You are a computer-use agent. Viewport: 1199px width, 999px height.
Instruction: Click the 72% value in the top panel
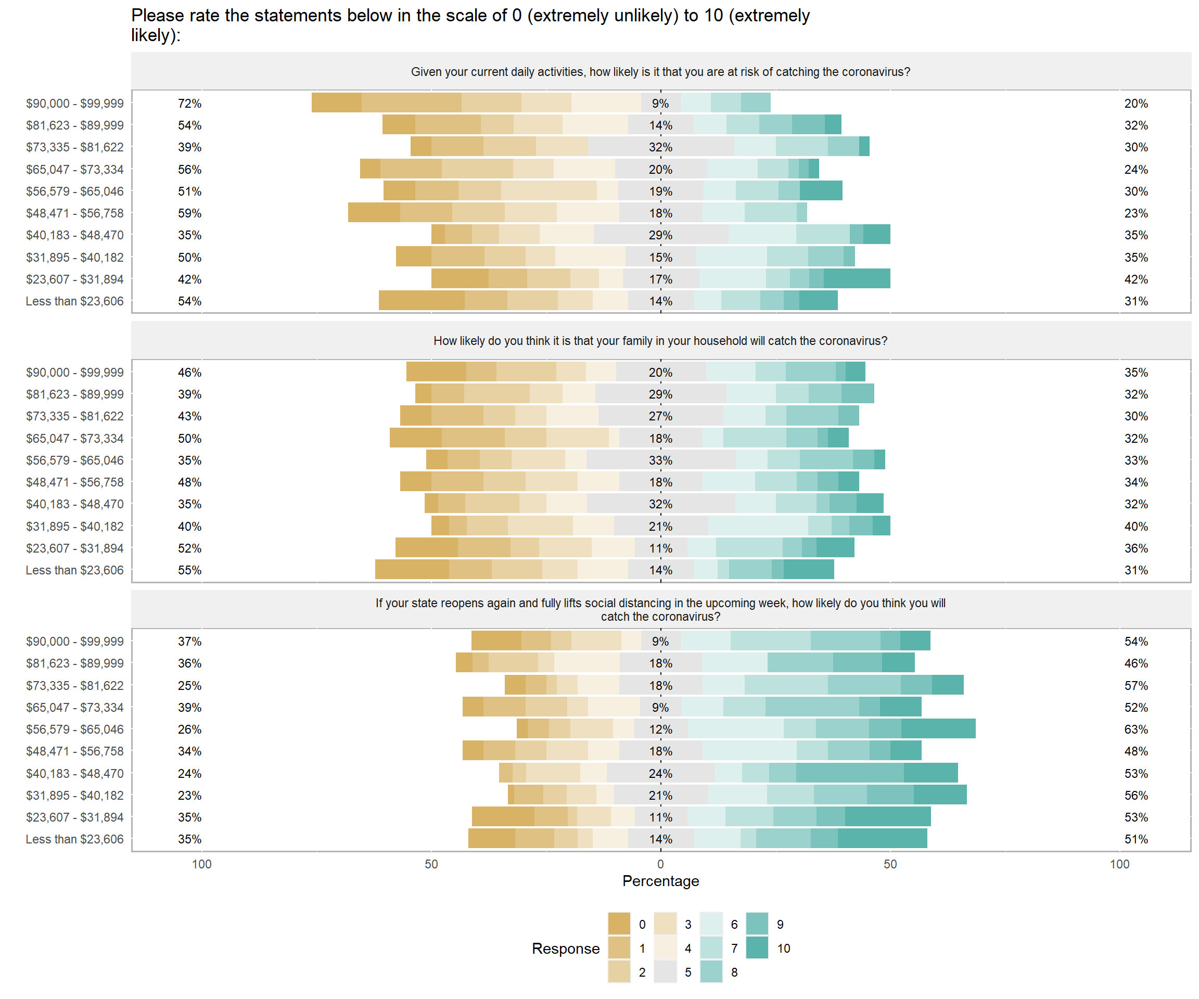189,104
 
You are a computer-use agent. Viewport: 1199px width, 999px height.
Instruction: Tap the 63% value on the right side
1136,729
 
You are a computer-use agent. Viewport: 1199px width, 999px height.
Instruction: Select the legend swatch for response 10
757,947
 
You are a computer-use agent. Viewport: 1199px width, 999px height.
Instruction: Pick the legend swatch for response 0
619,924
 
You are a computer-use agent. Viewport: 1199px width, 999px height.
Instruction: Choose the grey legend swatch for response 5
665,971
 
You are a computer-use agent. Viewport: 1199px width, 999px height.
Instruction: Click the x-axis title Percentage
660,881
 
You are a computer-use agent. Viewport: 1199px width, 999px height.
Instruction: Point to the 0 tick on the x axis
660,864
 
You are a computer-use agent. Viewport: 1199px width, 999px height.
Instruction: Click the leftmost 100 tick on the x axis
201,864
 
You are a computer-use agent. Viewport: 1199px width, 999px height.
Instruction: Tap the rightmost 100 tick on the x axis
1119,864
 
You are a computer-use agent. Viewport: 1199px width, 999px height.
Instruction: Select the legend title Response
565,948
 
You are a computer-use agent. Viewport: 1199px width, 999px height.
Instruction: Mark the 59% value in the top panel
189,213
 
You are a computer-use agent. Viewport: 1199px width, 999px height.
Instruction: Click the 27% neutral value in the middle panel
660,416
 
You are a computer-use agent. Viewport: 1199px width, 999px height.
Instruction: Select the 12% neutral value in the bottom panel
660,729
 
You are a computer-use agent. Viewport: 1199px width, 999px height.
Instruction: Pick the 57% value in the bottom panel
1136,685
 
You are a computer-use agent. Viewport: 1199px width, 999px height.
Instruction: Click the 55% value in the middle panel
189,570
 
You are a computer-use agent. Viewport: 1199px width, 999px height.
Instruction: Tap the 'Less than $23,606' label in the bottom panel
74,839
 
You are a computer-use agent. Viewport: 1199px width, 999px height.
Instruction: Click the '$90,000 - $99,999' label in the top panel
74,104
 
